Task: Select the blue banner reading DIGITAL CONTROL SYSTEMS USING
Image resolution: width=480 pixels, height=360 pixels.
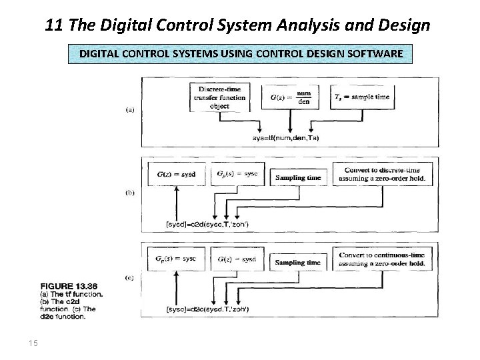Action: [x=241, y=53]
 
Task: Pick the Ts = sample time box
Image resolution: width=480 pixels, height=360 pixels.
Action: [x=362, y=97]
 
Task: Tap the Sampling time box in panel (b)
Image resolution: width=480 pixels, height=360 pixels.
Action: [x=298, y=178]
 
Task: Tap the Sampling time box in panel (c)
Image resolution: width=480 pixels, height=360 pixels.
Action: [x=298, y=263]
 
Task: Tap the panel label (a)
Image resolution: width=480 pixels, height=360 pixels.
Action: [x=130, y=110]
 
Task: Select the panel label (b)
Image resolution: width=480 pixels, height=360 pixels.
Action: [x=130, y=193]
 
